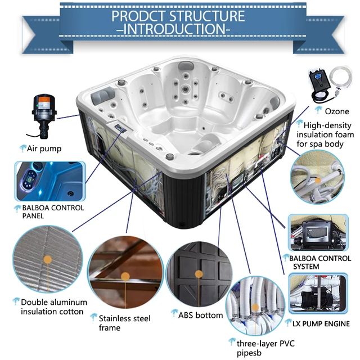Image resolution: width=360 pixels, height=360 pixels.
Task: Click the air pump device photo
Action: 43,115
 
